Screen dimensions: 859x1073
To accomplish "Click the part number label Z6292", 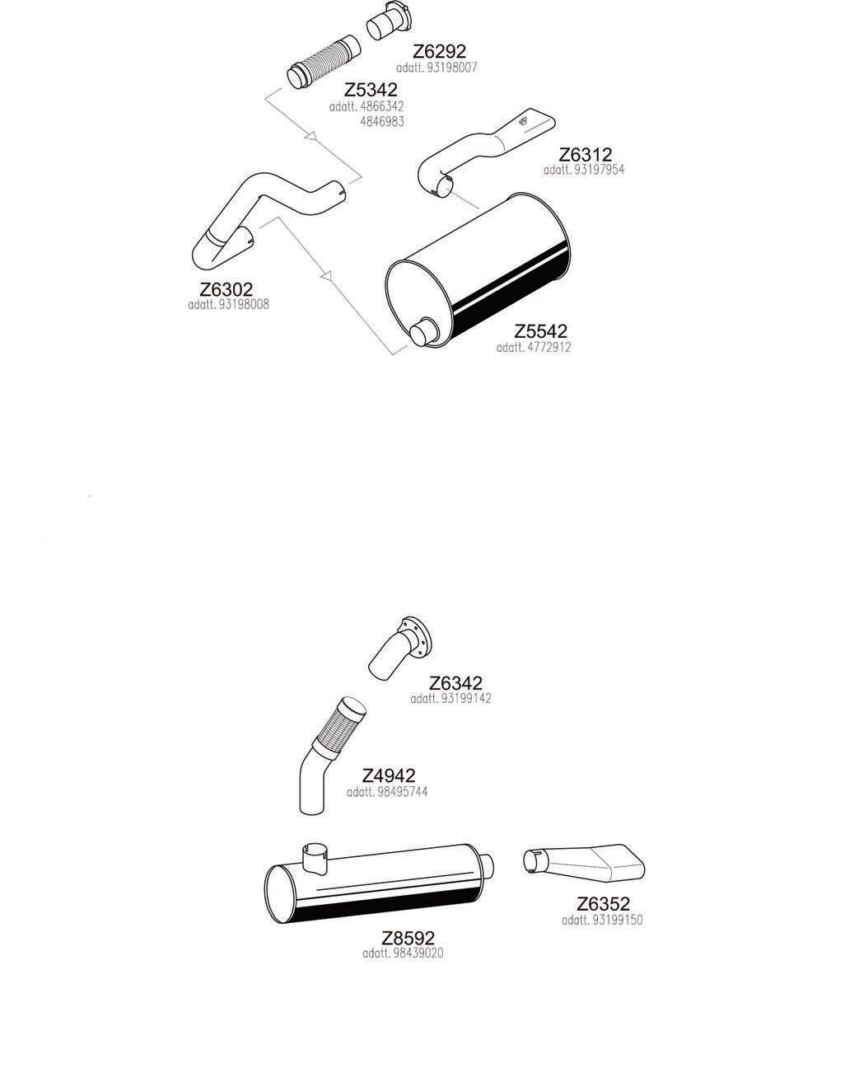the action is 439,52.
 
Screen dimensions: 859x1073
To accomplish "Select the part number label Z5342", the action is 371,90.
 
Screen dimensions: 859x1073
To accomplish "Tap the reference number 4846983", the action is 382,121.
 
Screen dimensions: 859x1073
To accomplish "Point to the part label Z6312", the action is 585,155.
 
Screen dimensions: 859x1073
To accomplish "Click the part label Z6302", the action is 226,289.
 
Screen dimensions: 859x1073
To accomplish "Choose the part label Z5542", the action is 540,331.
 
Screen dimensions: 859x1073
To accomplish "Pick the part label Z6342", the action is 455,683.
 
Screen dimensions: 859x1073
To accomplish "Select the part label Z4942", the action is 389,776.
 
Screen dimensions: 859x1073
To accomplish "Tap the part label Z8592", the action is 408,938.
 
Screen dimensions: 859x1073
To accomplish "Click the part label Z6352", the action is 603,904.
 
